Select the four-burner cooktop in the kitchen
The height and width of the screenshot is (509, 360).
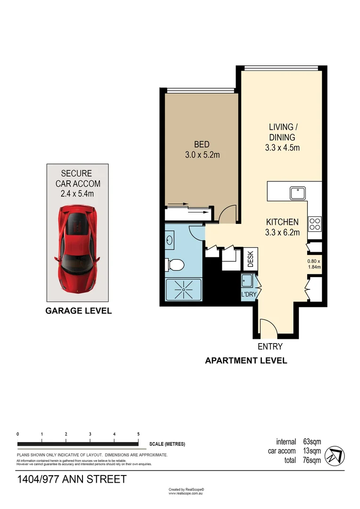click(x=314, y=223)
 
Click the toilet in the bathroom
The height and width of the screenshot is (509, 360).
click(x=175, y=265)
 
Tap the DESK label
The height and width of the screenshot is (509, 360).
click(x=251, y=258)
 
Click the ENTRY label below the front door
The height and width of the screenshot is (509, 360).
click(x=270, y=346)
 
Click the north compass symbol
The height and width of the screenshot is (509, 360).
click(x=335, y=455)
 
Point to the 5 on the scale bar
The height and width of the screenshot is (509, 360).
click(x=138, y=434)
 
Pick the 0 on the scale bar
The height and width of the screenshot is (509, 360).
click(x=17, y=434)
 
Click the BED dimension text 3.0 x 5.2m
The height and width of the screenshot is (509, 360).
click(x=201, y=154)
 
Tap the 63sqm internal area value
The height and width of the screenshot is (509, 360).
click(x=312, y=442)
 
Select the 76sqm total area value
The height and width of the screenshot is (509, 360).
click(x=312, y=460)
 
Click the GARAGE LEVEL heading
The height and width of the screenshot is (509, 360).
click(x=78, y=311)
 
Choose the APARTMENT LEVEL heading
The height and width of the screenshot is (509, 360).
click(x=245, y=361)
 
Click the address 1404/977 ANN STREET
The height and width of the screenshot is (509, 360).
click(x=72, y=479)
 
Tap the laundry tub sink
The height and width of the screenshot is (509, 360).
click(x=246, y=281)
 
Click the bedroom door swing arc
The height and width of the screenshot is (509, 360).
click(x=228, y=215)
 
